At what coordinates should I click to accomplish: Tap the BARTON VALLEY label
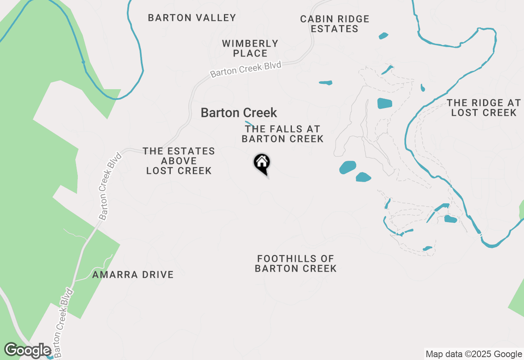coord(192,18)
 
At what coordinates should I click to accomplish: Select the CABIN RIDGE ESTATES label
coord(334,24)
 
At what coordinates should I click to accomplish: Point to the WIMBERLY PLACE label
coord(250,48)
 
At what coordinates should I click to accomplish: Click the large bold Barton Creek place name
coord(239,112)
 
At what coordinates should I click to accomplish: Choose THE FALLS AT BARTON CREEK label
coord(282,134)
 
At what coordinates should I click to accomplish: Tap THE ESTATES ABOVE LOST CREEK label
coord(179,161)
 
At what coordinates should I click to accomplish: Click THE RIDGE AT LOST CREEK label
coord(484,108)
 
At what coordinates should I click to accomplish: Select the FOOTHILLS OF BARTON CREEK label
coord(296,263)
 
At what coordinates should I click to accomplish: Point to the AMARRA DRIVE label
coord(133,274)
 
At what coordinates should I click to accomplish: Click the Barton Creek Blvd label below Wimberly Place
coord(246,69)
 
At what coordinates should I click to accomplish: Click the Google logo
coord(27,350)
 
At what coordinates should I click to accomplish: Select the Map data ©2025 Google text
coord(474,354)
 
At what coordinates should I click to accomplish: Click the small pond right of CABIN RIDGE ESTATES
coord(383,36)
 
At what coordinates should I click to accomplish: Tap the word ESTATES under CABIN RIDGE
coord(334,29)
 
